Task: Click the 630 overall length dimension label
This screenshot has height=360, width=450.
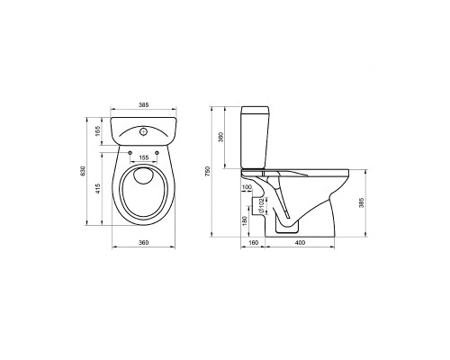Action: (84, 171)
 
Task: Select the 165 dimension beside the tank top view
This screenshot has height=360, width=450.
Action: (98, 131)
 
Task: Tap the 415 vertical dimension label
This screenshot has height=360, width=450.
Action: (98, 188)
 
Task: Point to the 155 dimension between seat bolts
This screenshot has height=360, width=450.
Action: (144, 157)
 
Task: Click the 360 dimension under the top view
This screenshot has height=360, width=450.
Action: (144, 242)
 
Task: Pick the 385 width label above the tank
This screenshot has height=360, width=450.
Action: (144, 105)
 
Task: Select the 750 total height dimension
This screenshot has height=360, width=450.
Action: (209, 171)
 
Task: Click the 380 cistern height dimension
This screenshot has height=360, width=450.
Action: (221, 137)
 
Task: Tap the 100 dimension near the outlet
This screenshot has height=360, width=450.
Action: (247, 187)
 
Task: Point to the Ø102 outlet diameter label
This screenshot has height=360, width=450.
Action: (261, 205)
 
